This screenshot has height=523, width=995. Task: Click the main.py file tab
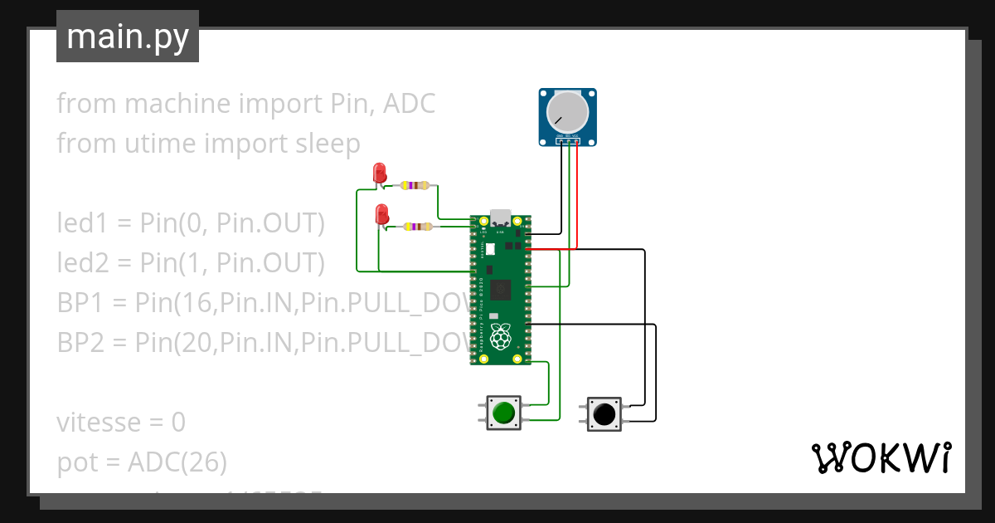[x=128, y=37]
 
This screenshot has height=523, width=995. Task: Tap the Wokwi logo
[x=881, y=457]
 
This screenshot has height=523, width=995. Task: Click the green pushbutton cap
[x=503, y=413]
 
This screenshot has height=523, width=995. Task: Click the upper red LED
[x=380, y=173]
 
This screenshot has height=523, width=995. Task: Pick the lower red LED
[x=381, y=214]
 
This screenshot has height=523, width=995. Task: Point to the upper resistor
[x=415, y=185]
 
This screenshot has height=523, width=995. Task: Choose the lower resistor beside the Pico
[x=417, y=226]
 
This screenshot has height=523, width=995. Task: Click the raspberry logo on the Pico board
[x=500, y=337]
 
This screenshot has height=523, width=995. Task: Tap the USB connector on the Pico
[x=501, y=218]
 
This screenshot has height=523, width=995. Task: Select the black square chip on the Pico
[x=501, y=290]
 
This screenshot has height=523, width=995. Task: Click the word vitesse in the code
[x=99, y=423]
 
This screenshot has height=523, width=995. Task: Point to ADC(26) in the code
[x=177, y=462]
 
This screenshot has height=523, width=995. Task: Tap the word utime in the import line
[x=157, y=144]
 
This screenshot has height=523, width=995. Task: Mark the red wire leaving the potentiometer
[x=577, y=199]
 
